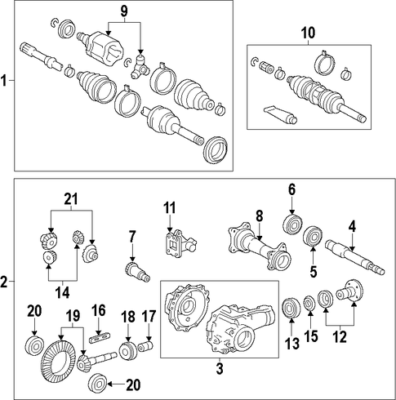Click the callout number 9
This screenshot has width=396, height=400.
click(124, 11)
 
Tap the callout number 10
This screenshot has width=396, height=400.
click(308, 33)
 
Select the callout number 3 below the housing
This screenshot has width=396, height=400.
click(220, 369)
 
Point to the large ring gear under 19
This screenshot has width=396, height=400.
click(58, 362)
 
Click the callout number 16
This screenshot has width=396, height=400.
click(99, 310)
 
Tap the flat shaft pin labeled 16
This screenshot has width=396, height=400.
click(100, 338)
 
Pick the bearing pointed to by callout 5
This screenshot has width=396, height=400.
click(313, 236)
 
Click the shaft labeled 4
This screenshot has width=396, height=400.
click(355, 257)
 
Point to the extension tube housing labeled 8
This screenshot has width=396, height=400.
click(260, 247)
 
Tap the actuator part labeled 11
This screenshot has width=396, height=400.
click(180, 244)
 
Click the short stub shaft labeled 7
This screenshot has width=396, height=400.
click(137, 272)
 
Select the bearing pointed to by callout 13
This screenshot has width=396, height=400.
click(291, 308)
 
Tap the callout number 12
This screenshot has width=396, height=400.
click(340, 337)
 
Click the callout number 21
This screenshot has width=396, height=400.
click(71, 199)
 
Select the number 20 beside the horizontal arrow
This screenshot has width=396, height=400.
click(133, 384)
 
